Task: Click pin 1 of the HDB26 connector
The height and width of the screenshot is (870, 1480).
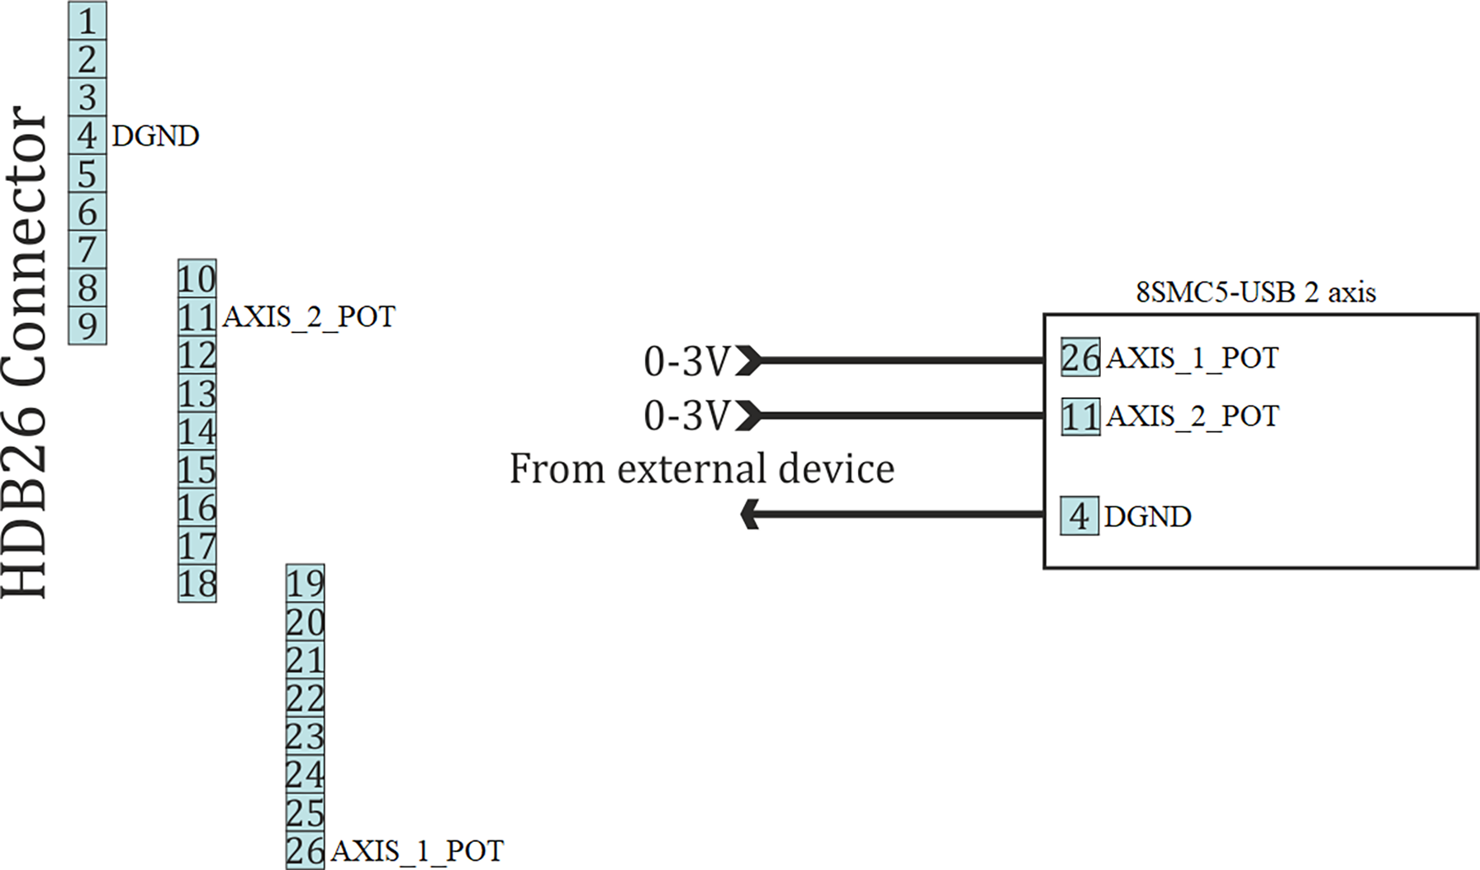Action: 87,21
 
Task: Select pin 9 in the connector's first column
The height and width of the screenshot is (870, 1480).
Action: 87,326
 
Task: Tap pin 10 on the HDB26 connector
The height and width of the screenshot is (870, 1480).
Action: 197,279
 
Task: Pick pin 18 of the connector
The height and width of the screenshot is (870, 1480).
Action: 197,584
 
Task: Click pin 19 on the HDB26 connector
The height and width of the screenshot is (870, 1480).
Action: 305,584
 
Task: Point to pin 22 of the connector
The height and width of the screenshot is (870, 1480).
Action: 305,699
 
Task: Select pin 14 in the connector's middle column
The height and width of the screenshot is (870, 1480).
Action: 197,431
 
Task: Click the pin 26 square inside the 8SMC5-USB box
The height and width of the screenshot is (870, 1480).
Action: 1080,358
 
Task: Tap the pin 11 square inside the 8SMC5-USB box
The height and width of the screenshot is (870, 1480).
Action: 1080,416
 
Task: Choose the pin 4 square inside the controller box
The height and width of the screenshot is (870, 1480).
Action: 1079,516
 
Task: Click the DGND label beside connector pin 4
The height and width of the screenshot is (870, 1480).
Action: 155,135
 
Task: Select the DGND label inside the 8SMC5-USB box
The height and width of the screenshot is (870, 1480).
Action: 1147,516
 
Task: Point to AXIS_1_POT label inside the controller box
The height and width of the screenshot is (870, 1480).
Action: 1192,358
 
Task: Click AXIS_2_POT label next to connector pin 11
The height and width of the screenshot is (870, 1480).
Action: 309,316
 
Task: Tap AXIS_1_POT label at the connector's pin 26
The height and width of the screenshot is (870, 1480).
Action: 417,851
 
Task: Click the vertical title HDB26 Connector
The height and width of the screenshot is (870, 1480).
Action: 25,351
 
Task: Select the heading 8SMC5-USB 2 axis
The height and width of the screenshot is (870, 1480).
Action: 1255,292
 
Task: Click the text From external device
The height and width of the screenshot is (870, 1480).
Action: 701,468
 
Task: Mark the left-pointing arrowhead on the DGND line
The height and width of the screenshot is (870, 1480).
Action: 750,514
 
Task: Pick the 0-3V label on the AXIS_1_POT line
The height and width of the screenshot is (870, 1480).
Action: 687,361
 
